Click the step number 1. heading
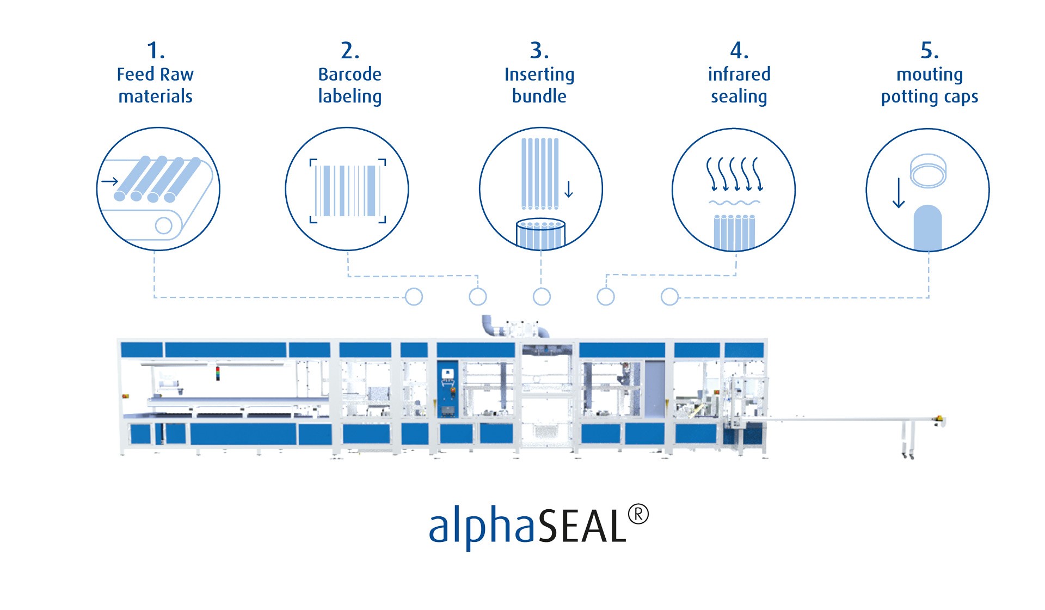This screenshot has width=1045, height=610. pyautogui.click(x=156, y=51)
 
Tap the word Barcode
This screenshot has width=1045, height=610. pyautogui.click(x=349, y=74)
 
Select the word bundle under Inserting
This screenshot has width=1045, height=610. pyautogui.click(x=539, y=96)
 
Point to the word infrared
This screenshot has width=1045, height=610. pyautogui.click(x=739, y=74)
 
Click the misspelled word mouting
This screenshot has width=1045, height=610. pyautogui.click(x=930, y=75)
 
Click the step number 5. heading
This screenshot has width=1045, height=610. pyautogui.click(x=930, y=51)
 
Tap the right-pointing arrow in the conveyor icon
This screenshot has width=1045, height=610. pyautogui.click(x=110, y=181)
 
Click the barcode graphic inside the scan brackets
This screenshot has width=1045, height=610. pyautogui.click(x=348, y=191)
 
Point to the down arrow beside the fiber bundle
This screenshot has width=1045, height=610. pyautogui.click(x=569, y=189)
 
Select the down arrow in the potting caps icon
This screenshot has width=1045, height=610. pyautogui.click(x=899, y=193)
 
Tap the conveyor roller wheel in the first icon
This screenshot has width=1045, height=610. pyautogui.click(x=163, y=225)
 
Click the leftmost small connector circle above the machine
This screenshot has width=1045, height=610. pyautogui.click(x=414, y=297)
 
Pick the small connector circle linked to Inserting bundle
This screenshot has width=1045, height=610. pyautogui.click(x=542, y=297)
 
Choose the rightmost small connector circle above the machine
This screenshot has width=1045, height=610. pyautogui.click(x=669, y=297)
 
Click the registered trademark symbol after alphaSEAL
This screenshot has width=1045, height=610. pyautogui.click(x=638, y=515)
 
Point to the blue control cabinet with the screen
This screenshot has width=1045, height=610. pyautogui.click(x=447, y=389)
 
